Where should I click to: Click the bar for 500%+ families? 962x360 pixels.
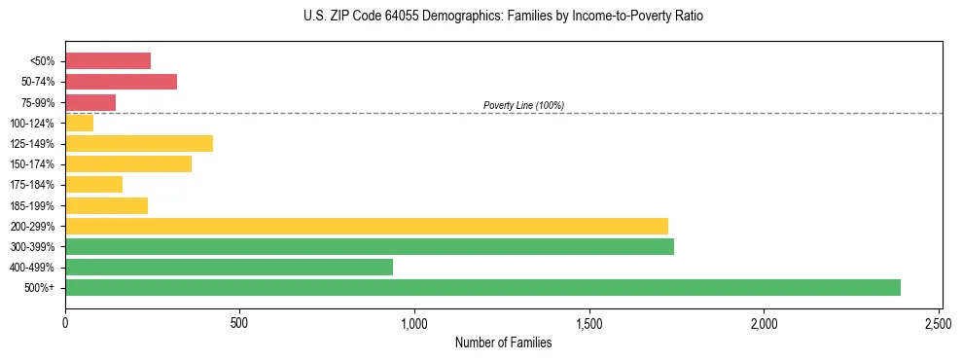pos(482,287)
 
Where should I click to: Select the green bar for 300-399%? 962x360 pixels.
pos(370,246)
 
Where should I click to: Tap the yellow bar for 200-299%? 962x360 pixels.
pos(367,226)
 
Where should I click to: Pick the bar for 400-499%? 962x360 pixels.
pos(229,267)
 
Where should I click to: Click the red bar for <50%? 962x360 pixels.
pos(108,61)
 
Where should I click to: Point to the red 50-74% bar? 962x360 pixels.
pos(121,82)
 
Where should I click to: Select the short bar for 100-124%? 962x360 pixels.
pos(79,123)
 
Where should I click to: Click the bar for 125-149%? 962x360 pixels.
pos(139,144)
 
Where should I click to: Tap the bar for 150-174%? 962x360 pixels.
pos(128,164)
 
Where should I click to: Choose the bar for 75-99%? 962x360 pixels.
pos(90,102)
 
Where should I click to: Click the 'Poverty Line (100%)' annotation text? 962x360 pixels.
pos(523,105)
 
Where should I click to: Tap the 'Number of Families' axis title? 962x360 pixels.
pos(503,342)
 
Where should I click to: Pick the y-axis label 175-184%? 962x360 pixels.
pos(32,185)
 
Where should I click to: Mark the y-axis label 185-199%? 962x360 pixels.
pos(32,205)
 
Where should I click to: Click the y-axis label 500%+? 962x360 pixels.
pos(41,288)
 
